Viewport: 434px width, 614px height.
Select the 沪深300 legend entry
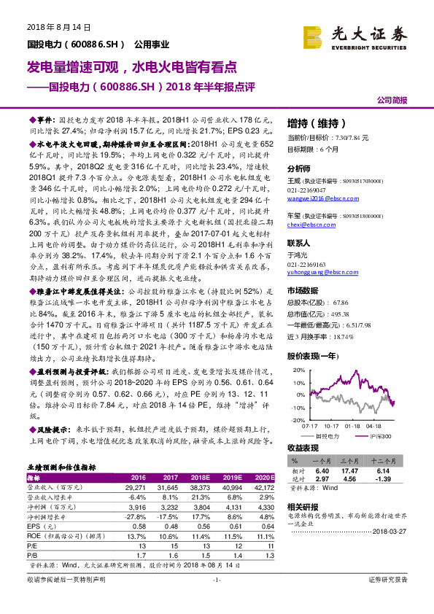point(381,435)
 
